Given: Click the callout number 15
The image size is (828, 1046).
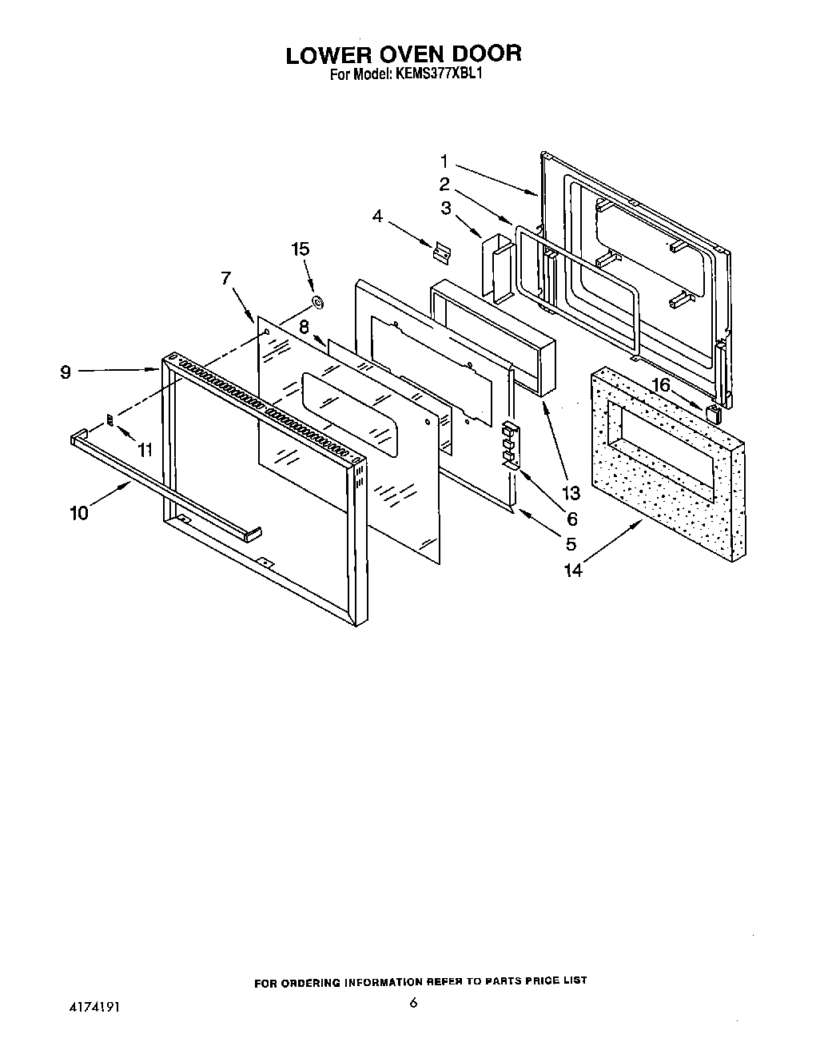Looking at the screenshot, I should click(x=300, y=249).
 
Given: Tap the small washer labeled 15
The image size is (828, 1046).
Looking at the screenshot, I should click(x=317, y=301).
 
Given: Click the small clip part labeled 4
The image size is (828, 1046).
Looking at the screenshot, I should click(x=440, y=252).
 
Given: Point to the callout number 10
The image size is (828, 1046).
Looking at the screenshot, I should click(x=80, y=512).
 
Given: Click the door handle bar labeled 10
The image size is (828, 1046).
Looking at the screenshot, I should click(x=164, y=483).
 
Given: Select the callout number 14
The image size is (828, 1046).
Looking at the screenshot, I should click(x=573, y=569).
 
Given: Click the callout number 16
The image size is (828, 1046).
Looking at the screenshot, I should click(x=662, y=386).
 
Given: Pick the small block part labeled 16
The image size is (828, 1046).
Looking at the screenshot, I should click(x=713, y=412).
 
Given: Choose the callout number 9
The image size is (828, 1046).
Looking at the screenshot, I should click(x=66, y=372).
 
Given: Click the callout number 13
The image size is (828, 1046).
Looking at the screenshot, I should click(x=571, y=492).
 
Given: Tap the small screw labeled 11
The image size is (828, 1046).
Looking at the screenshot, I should click(x=111, y=420).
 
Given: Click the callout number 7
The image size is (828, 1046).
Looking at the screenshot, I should click(x=225, y=278).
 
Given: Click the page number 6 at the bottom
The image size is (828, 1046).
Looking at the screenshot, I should click(x=413, y=1004).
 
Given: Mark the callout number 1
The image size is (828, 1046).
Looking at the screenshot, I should click(x=444, y=162).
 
